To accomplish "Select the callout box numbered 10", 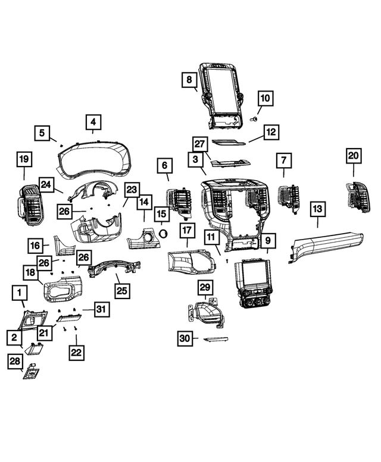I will (265, 98).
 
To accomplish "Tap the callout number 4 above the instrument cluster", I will (92, 122).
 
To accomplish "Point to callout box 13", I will (317, 209).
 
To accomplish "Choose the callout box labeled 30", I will (185, 338).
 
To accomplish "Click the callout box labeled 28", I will (14, 362).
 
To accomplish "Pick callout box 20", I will (354, 155).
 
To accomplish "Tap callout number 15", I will (161, 213).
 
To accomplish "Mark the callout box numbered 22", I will (76, 353).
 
